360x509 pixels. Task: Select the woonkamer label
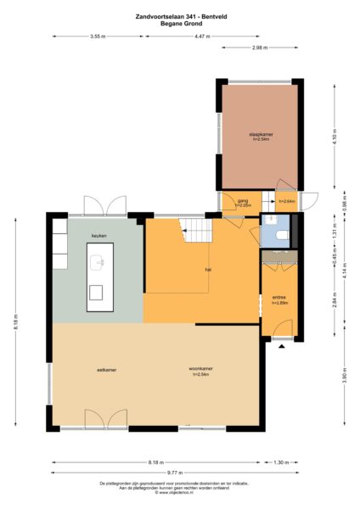tap(200, 370)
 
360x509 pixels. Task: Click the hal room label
tap(208, 269)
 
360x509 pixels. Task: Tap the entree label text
tap(279, 298)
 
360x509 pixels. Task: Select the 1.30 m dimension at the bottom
tap(281, 462)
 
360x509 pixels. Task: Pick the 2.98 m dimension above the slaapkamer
tap(260, 48)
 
